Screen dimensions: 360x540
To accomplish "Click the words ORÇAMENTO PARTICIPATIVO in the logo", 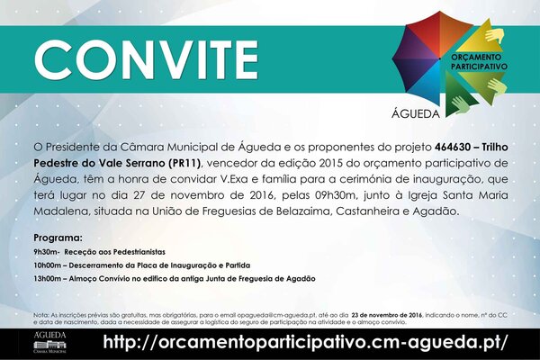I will [x=475, y=62].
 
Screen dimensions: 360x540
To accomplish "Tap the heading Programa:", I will [x=58, y=236].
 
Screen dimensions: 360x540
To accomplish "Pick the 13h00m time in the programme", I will [x=49, y=279].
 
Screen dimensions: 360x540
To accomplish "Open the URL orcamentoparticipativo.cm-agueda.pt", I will [x=305, y=343].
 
